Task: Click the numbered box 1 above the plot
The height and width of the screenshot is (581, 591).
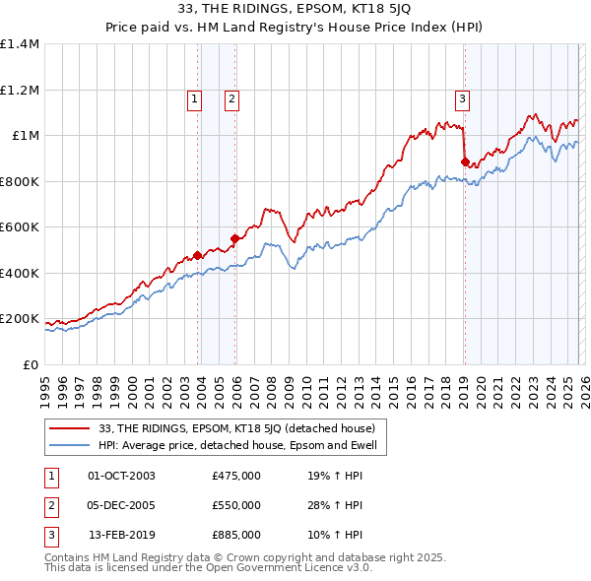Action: click(x=194, y=97)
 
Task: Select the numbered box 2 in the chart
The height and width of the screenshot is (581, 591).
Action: click(x=230, y=97)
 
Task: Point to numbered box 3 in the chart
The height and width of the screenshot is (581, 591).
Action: click(x=461, y=97)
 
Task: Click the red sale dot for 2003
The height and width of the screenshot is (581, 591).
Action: click(x=197, y=256)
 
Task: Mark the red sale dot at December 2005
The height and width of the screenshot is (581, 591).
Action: click(x=235, y=238)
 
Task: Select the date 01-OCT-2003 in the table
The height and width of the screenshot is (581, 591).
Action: click(x=121, y=477)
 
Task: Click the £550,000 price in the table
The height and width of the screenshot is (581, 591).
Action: click(x=236, y=505)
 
